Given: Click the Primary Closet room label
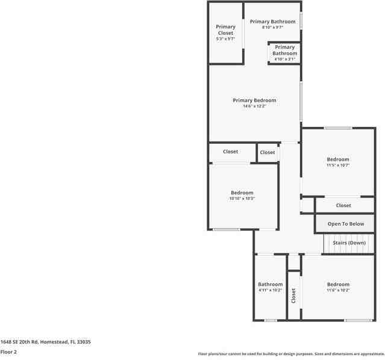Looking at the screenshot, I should coord(225,29).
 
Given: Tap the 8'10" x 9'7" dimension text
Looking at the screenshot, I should coord(272,27).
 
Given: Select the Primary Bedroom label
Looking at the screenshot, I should coord(254,100).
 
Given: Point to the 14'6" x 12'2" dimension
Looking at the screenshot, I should coord(254,107).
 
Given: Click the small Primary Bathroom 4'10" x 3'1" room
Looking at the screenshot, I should coord(284,52).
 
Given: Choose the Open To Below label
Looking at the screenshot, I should coord(346,224).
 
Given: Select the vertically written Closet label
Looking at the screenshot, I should coord(293,296).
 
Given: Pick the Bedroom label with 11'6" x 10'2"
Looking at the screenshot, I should coord(338,284).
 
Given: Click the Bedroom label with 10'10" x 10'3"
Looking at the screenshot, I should coord(242,193).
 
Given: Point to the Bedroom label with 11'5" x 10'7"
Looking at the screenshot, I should coord(338,160).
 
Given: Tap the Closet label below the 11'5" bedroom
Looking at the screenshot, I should coord(343,205).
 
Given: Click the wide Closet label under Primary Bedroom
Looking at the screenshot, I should coord(230,152).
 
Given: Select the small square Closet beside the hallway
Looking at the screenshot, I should coord(268,152).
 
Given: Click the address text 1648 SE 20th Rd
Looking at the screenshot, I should coord(45,341).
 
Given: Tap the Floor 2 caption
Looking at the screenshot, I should coord(8,352).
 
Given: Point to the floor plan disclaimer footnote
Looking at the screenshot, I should coord(291,354).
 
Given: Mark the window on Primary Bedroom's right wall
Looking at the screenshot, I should coord(301,101).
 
